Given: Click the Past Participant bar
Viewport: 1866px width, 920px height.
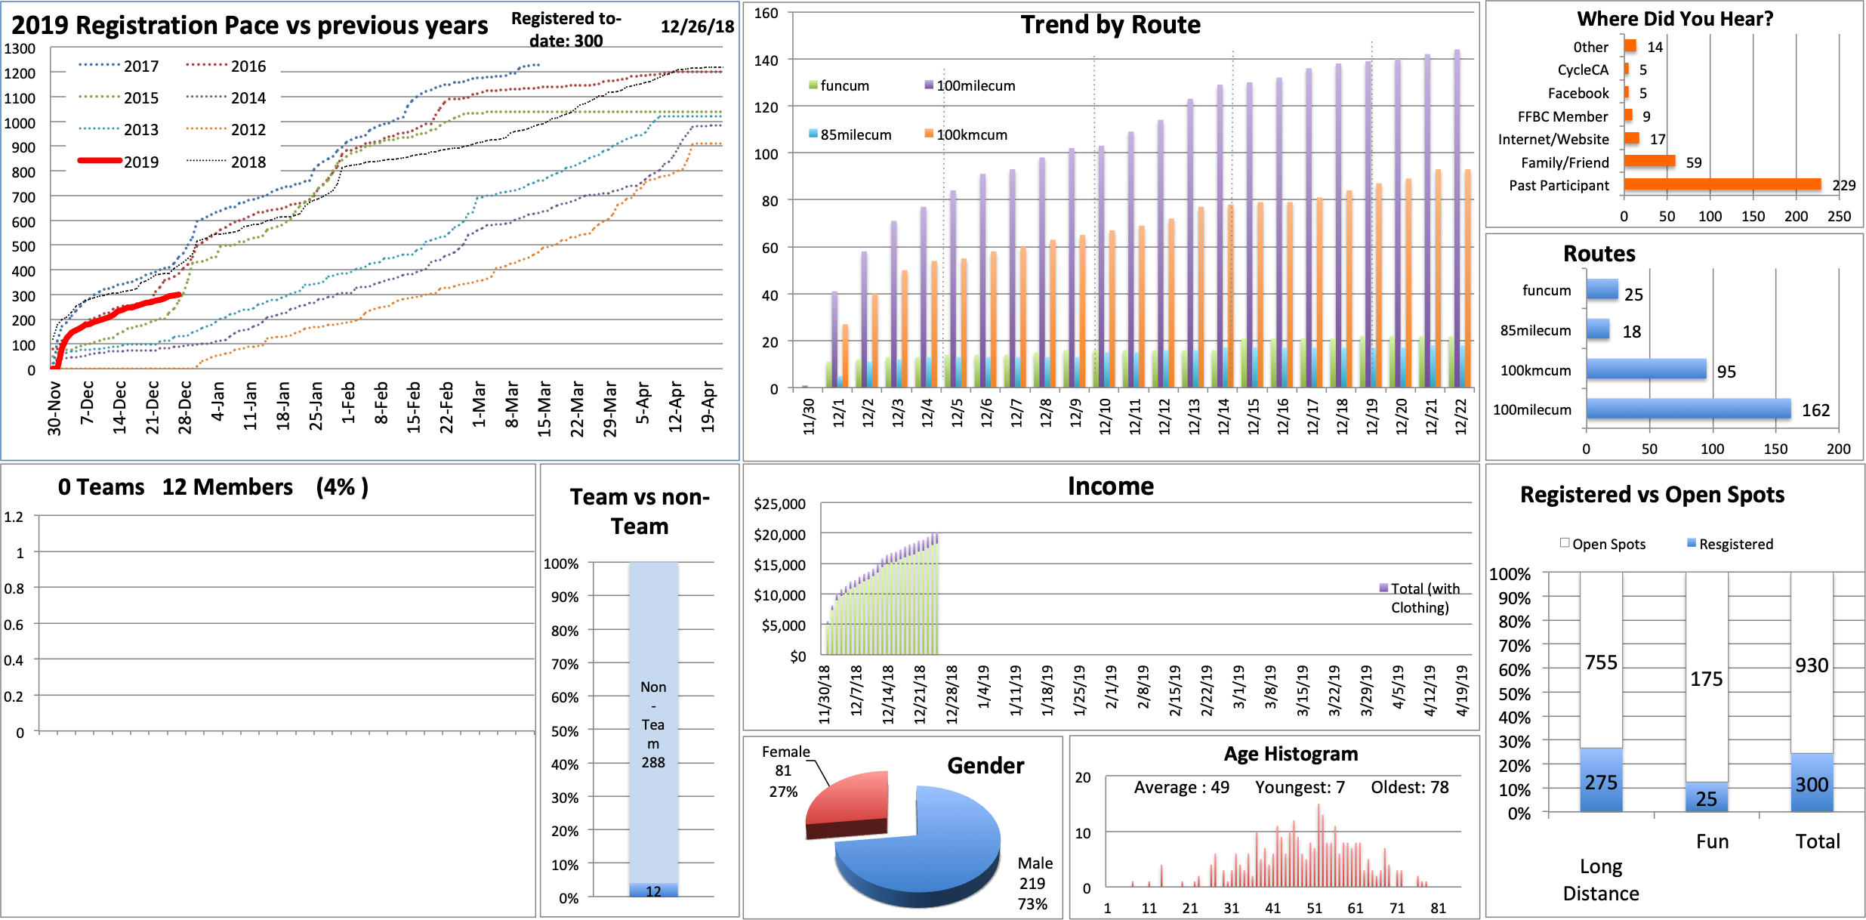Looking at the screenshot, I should [x=1722, y=184].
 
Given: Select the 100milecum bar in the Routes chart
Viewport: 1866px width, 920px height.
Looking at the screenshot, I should [x=1688, y=409].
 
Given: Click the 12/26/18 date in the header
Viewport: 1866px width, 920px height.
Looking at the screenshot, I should [x=697, y=26].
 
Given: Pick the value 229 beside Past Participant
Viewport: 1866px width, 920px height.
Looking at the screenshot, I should [x=1843, y=185].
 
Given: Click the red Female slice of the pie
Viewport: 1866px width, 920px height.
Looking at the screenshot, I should [x=850, y=801].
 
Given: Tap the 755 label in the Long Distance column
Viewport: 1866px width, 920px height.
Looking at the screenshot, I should [x=1601, y=662].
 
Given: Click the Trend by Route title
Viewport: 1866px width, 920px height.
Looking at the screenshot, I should [x=1110, y=25].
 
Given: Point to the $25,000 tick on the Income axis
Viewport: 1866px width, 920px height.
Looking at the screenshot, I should [x=779, y=504].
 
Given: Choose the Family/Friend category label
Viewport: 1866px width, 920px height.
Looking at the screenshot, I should [x=1565, y=162].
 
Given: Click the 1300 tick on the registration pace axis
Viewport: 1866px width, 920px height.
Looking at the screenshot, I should [x=20, y=48].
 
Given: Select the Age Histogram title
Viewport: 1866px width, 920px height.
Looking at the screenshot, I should [x=1291, y=754].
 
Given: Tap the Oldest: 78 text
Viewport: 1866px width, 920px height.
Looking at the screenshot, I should [x=1410, y=787].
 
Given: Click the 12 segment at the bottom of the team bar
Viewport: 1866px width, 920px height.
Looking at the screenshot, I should [x=653, y=891].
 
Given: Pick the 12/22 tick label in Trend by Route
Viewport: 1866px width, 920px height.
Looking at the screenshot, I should [x=1461, y=415].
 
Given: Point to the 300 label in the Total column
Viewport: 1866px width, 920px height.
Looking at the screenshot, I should [x=1812, y=785].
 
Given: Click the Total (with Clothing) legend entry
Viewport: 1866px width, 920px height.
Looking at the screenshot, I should [x=1419, y=597].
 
